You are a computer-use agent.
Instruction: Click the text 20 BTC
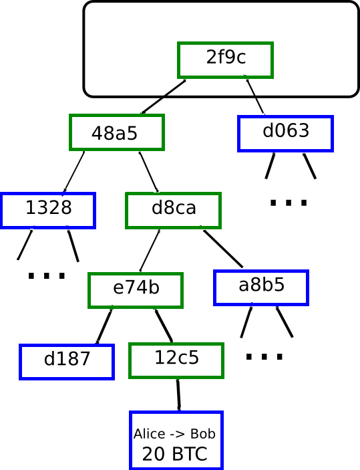coord(174,454)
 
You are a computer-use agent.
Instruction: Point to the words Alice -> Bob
coord(174,434)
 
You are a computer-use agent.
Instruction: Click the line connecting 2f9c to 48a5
coord(163,96)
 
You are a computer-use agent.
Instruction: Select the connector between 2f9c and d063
coord(255,96)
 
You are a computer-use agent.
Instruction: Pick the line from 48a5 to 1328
coord(73,172)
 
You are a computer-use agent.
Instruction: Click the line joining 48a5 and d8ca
coord(148,172)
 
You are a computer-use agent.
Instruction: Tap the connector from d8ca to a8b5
coord(223,249)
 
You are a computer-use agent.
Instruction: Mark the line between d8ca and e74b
coord(150,251)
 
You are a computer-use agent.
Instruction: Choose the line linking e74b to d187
coord(104,326)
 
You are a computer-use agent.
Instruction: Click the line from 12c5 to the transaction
coord(178,395)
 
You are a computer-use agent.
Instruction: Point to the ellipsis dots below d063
coord(289,203)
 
